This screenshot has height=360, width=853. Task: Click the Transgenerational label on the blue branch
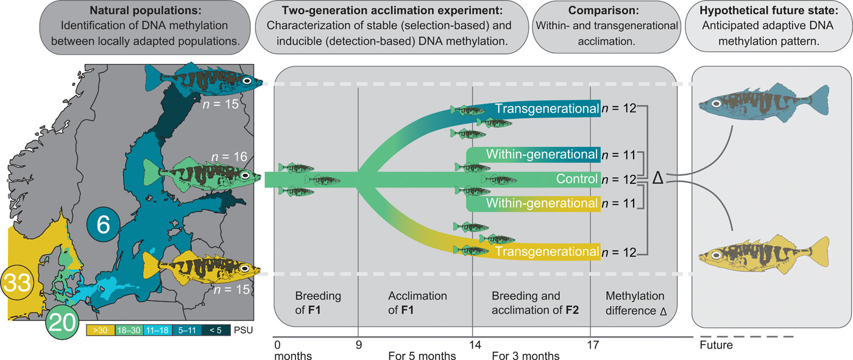click(x=547, y=109)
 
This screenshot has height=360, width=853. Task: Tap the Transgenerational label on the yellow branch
click(x=547, y=251)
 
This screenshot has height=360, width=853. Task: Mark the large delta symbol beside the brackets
click(x=657, y=178)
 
